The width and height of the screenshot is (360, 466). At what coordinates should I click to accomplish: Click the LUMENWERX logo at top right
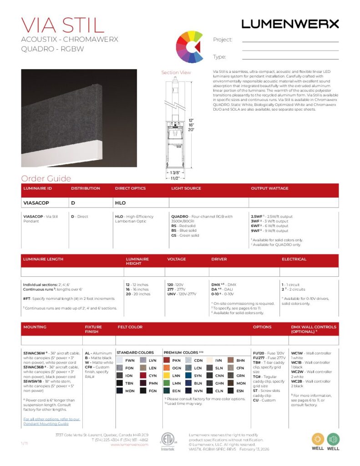pos(290,24)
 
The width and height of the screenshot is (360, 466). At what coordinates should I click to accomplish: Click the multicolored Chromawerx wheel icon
pos(188,46)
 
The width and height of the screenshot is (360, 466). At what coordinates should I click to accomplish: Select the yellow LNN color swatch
pos(167,375)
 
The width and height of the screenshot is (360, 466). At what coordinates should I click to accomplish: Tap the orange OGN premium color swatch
pos(167,368)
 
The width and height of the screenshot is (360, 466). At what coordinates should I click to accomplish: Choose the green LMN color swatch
pos(167,383)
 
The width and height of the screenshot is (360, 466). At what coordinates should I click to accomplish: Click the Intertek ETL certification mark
pos(167,441)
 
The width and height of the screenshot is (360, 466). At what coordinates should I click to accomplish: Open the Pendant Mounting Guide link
pos(51,421)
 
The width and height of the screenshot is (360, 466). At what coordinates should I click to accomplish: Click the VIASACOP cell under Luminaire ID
pos(36,203)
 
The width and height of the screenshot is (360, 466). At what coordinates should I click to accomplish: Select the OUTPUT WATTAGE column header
pos(269,188)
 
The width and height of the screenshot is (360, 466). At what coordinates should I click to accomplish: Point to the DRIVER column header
pos(219,259)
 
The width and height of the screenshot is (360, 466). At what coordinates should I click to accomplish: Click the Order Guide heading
pos(46,178)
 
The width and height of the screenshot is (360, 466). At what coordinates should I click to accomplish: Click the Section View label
pos(176,72)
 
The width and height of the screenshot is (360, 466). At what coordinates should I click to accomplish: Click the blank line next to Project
pos(290,41)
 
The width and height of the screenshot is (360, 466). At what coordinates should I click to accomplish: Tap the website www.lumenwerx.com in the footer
pos(130,445)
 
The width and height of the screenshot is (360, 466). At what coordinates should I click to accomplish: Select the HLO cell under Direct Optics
pos(120,203)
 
